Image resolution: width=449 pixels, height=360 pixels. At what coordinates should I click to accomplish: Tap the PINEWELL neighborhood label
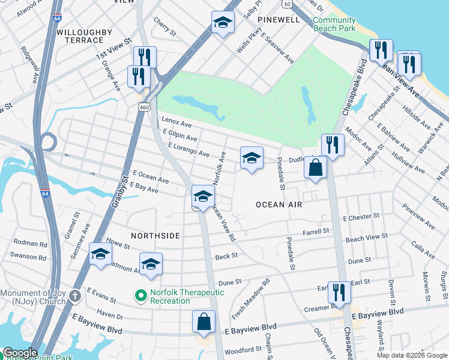pos(279,20)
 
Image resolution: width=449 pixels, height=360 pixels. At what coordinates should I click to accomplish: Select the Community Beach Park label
pos(334,24)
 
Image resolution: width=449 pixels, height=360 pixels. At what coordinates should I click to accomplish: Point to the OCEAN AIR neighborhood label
pos(279,205)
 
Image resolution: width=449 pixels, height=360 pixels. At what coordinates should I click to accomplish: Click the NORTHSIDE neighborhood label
pos(154,236)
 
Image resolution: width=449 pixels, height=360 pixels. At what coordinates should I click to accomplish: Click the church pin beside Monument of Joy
pos(74,296)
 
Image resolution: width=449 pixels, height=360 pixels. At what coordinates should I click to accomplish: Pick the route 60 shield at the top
pos(288,4)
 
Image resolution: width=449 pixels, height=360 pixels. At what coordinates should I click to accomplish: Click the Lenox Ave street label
pos(176,124)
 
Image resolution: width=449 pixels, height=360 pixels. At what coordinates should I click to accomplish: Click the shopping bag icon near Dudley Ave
pos(315,168)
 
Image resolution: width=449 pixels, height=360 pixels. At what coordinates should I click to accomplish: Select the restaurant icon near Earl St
pos(339,293)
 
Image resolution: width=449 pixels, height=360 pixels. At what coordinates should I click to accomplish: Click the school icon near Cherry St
pos(223,23)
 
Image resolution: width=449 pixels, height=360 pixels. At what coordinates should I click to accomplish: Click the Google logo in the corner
pos(19,353)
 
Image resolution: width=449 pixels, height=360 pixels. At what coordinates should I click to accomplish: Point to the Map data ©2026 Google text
pos(411,355)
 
